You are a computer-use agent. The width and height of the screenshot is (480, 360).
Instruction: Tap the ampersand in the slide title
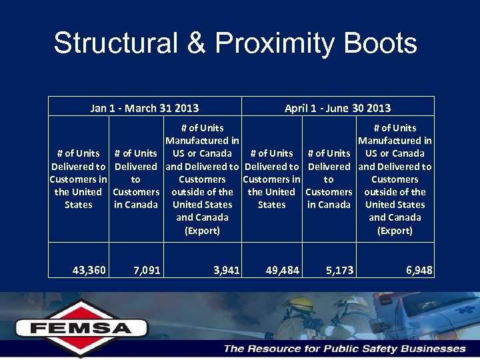tap(196, 43)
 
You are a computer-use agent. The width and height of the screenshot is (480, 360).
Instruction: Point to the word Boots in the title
tap(383, 43)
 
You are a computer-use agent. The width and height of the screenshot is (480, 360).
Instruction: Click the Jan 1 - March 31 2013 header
tap(145, 108)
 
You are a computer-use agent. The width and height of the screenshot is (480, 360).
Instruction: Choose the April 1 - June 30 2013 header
tap(337, 108)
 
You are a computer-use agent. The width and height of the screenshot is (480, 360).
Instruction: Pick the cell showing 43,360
tap(89, 270)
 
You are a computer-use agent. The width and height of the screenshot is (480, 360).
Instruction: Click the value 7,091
tap(147, 270)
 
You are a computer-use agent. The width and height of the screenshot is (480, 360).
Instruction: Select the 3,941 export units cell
tap(227, 270)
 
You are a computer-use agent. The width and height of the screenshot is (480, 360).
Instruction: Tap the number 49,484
tap(283, 270)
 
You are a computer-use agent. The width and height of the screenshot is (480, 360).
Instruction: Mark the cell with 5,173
tap(339, 270)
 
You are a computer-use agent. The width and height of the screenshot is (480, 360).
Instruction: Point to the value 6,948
tap(419, 270)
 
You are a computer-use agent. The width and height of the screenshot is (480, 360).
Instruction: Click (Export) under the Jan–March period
tap(202, 231)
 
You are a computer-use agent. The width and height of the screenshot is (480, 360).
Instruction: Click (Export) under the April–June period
tap(395, 231)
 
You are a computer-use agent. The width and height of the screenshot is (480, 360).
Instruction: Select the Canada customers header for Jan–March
tap(136, 179)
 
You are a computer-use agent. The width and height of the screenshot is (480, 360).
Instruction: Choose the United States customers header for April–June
tap(271, 179)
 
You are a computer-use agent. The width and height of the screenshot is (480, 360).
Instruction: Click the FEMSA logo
tap(64, 327)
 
